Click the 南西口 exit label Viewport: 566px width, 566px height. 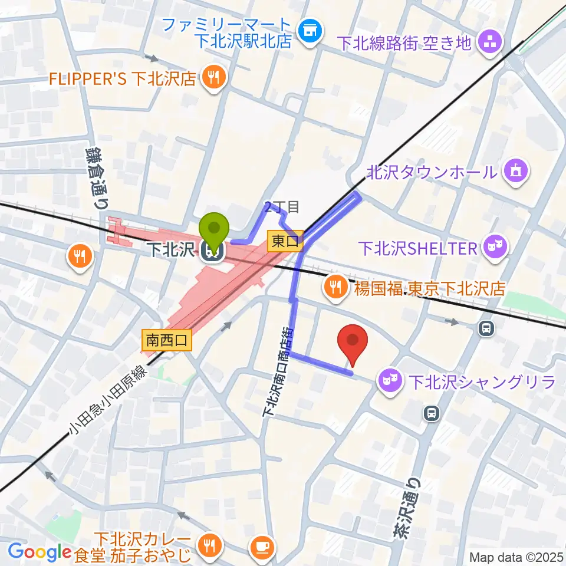point(167,340)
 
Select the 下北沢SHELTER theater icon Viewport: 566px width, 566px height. point(496,246)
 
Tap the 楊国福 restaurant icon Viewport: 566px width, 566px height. point(335,288)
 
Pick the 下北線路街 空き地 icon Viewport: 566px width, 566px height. point(490,42)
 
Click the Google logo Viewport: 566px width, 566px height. point(40,552)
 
